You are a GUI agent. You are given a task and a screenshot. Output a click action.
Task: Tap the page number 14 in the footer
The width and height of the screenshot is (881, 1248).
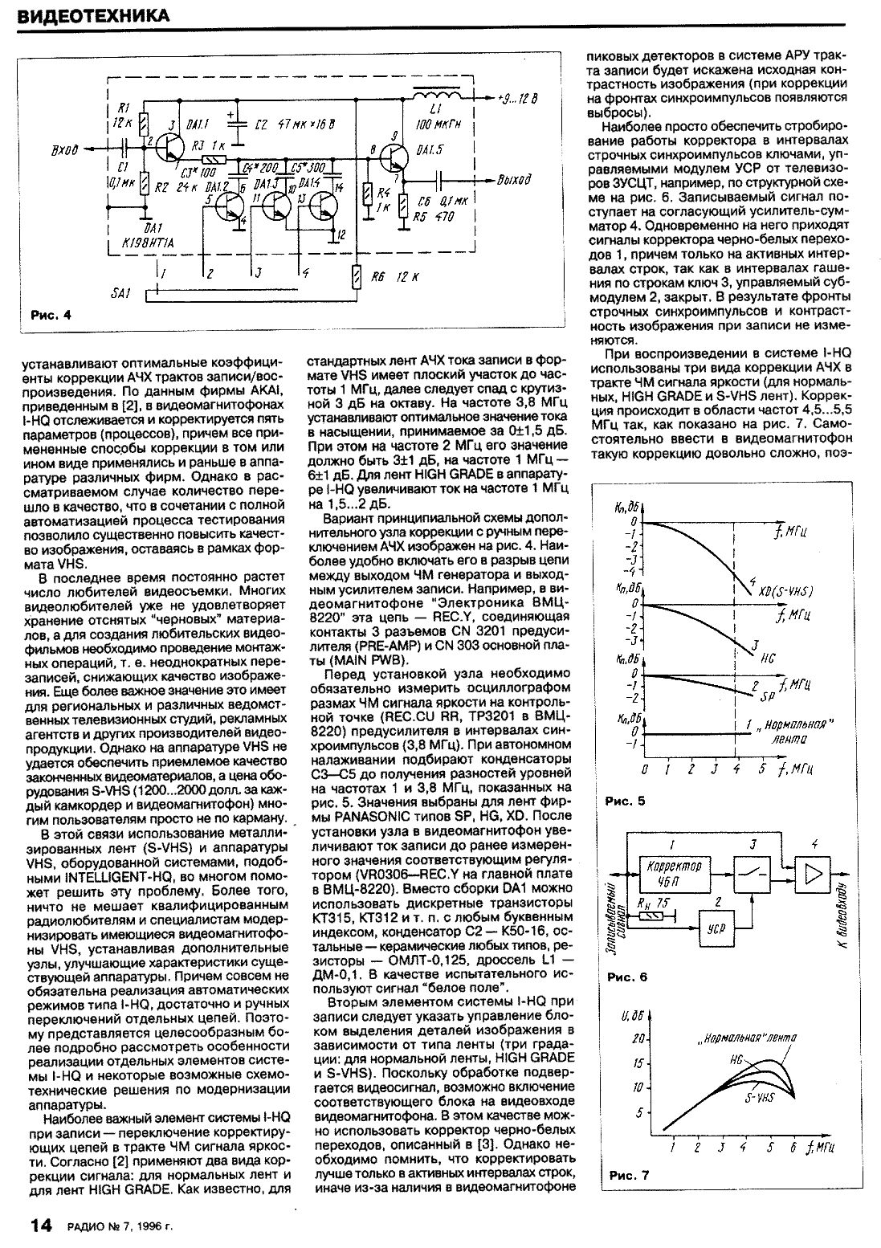pyautogui.click(x=41, y=1226)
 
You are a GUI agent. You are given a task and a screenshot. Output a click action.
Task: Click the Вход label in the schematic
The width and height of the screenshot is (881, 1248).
pyautogui.click(x=63, y=149)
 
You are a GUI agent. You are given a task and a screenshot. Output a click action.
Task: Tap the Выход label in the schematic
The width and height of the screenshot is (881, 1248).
pyautogui.click(x=515, y=180)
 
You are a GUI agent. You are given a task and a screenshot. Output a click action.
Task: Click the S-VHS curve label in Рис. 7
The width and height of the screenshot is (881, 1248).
pyautogui.click(x=760, y=1095)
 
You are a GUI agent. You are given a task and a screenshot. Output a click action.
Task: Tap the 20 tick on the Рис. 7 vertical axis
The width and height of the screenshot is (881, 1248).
pyautogui.click(x=640, y=1039)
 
